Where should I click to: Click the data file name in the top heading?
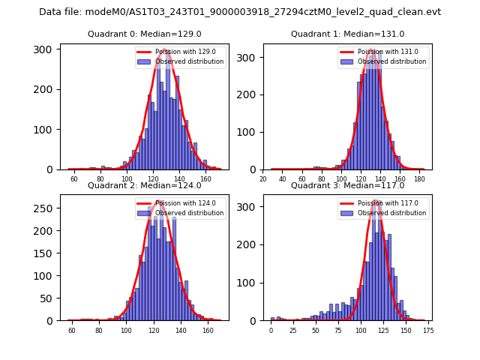(x=240, y=12)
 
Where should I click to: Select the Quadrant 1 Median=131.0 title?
(x=347, y=34)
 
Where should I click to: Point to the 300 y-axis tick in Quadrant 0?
(x=45, y=49)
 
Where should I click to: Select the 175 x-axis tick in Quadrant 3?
(x=428, y=330)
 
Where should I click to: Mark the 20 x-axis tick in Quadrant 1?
(x=264, y=178)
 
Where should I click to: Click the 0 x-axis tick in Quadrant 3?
(x=271, y=330)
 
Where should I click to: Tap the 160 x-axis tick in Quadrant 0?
(x=205, y=178)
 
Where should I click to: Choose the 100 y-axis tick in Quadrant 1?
(x=249, y=132)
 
